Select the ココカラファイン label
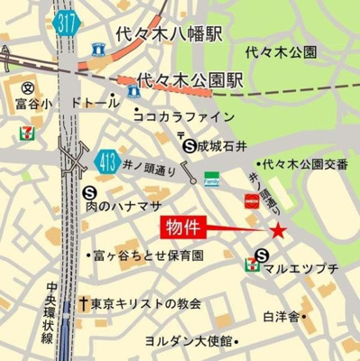(184, 116)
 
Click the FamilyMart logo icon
(210, 179)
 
